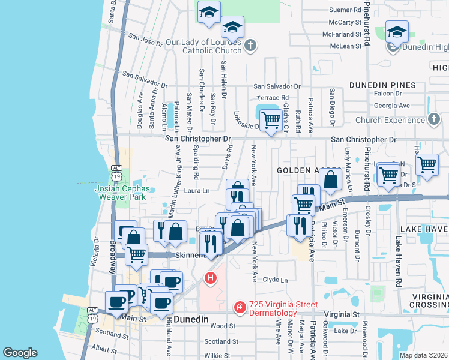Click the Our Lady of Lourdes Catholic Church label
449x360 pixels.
203,46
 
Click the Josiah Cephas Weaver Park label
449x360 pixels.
121,192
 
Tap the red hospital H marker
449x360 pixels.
210,278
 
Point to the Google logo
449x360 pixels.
20,353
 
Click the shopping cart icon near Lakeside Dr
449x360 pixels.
271,120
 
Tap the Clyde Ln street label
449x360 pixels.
276,280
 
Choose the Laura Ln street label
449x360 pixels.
196,191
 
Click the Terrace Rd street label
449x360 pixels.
273,97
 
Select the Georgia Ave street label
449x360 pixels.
391,105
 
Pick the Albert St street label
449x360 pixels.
104,349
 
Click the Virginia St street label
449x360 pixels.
341,314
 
